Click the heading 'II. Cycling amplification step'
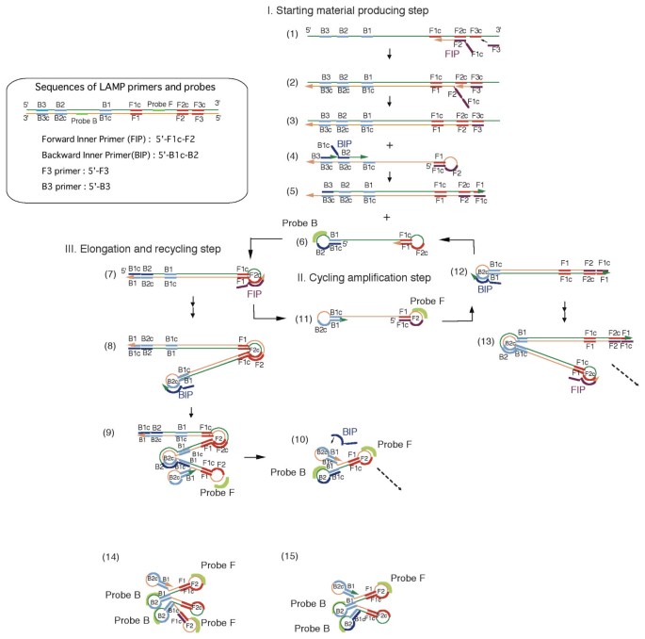(x=359, y=277)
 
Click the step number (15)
(x=291, y=558)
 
